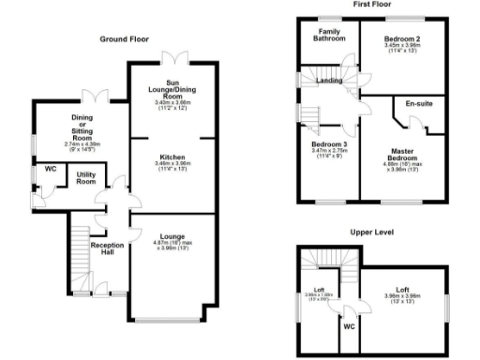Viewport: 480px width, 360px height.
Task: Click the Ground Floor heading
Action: point(125,39)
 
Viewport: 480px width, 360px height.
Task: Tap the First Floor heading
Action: point(371,5)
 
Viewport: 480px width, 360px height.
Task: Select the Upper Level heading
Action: point(373,232)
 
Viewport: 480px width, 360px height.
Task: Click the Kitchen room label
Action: point(172,157)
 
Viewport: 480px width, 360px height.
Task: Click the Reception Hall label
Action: point(107,249)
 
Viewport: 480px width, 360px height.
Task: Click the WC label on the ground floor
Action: point(50,170)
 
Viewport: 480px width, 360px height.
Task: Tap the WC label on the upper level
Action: point(348,328)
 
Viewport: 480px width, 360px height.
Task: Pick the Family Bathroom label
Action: point(329,35)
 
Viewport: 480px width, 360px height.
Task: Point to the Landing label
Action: point(329,81)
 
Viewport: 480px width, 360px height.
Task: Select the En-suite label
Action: point(419,103)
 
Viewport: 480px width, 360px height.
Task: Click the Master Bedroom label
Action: point(403,156)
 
